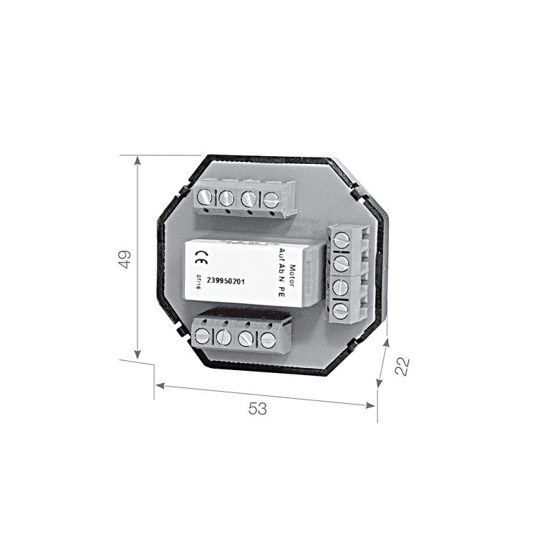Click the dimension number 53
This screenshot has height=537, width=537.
click(258, 409)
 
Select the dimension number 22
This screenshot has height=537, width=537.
click(402, 366)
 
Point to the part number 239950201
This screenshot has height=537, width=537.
click(226, 280)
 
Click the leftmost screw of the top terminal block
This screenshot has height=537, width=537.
click(205, 196)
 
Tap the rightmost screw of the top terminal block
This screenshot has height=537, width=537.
click(271, 200)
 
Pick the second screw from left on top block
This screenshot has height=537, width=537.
click(226, 198)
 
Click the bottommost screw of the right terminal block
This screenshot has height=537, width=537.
click(341, 310)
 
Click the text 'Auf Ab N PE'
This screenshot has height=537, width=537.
click(281, 271)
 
